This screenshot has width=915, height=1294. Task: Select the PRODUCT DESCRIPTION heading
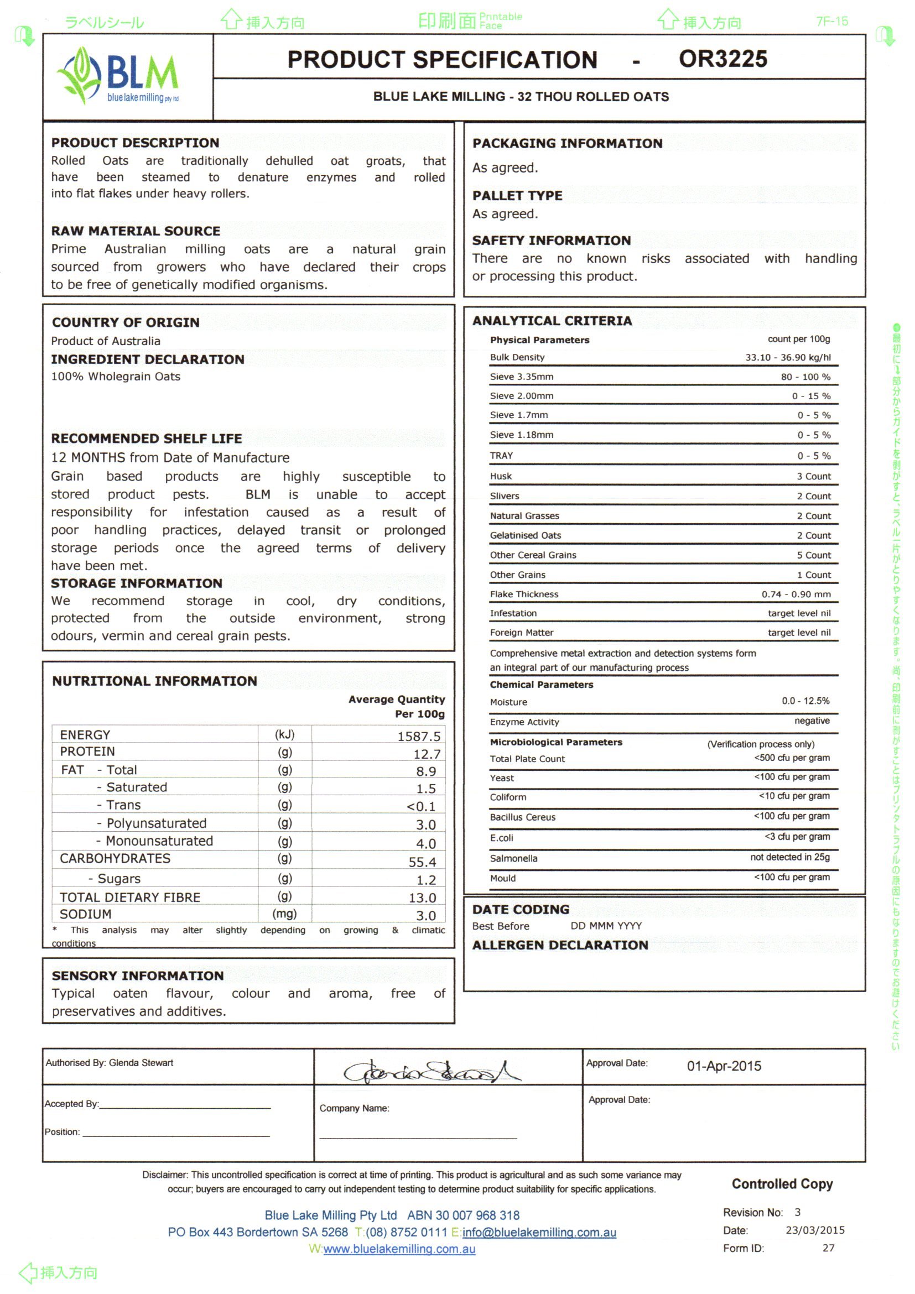pyautogui.click(x=136, y=143)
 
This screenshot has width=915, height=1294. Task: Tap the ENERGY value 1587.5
pyautogui.click(x=418, y=736)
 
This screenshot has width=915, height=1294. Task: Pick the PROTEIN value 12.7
pyautogui.click(x=426, y=754)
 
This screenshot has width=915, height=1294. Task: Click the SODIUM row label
pyautogui.click(x=86, y=914)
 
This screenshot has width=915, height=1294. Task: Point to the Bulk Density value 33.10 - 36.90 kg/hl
pyautogui.click(x=788, y=357)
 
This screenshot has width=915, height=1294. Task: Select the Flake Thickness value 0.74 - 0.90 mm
pyautogui.click(x=796, y=594)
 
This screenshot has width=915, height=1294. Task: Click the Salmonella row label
pyautogui.click(x=513, y=858)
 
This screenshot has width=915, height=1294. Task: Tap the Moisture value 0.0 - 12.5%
pyautogui.click(x=805, y=701)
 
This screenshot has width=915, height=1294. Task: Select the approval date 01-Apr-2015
pyautogui.click(x=724, y=1066)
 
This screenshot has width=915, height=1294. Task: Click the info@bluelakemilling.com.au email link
pyautogui.click(x=538, y=1233)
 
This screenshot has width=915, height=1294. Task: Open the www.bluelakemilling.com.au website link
pyautogui.click(x=399, y=1249)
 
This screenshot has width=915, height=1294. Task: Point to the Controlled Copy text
pyautogui.click(x=782, y=1184)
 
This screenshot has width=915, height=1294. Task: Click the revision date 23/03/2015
pyautogui.click(x=815, y=1230)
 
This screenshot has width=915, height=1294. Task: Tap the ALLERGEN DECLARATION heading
pyautogui.click(x=560, y=945)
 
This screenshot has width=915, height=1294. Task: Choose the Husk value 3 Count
pyautogui.click(x=813, y=476)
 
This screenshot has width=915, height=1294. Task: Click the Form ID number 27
pyautogui.click(x=828, y=1248)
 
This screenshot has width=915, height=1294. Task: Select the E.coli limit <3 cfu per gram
pyautogui.click(x=797, y=837)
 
